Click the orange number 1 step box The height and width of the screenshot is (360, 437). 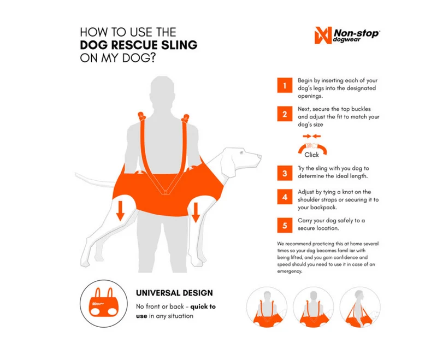tap(285, 85)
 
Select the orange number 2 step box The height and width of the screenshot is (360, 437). tap(285, 114)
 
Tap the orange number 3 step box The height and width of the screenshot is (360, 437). tap(285, 173)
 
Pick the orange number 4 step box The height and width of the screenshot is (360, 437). tap(285, 197)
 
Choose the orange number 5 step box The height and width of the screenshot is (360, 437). tap(285, 225)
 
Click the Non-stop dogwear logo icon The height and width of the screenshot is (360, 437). tap(323, 35)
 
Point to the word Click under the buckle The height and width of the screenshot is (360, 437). tap(311, 155)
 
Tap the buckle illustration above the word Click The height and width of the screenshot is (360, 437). tap(312, 146)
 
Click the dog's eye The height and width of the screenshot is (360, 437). tap(241, 152)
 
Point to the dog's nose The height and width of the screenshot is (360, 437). tap(261, 157)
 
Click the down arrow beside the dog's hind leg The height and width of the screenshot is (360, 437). tap(120, 211)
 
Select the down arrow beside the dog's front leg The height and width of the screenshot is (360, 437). tap(196, 213)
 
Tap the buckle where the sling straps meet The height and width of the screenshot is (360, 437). tap(166, 192)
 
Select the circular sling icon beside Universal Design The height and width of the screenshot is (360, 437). tap(104, 303)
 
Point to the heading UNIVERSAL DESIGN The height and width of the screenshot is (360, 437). tap(174, 293)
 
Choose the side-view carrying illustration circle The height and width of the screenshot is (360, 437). tap(360, 308)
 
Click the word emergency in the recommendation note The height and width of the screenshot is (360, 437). tap(290, 272)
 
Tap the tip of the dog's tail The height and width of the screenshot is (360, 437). tap(76, 174)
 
